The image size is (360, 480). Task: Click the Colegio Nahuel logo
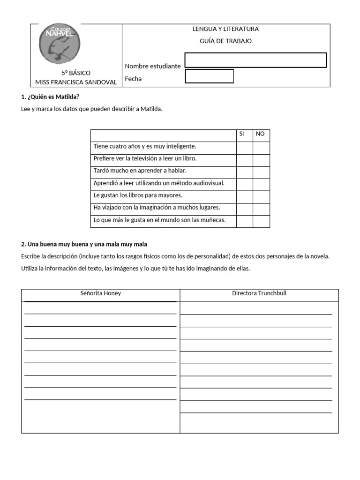pyautogui.click(x=60, y=45)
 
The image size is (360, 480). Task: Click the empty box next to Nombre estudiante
pyautogui.click(x=255, y=60)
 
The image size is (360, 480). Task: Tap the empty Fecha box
pyautogui.click(x=210, y=76)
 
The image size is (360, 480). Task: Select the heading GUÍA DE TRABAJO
pyautogui.click(x=225, y=41)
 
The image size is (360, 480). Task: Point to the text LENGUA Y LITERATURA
pyautogui.click(x=225, y=29)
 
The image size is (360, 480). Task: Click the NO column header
pyautogui.click(x=261, y=134)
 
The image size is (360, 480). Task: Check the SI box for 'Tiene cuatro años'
pyautogui.click(x=244, y=146)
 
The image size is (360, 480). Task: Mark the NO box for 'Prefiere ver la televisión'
pyautogui.click(x=261, y=158)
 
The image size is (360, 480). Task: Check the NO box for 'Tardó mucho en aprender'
pyautogui.click(x=261, y=171)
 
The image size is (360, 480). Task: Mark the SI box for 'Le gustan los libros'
pyautogui.click(x=244, y=195)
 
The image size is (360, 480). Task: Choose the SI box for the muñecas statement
pyautogui.click(x=244, y=220)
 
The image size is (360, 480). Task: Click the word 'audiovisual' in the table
pyautogui.click(x=208, y=183)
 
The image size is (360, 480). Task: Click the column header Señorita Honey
pyautogui.click(x=100, y=293)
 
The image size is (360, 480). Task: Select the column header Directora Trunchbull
pyautogui.click(x=259, y=293)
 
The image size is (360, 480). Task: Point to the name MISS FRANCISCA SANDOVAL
pyautogui.click(x=76, y=82)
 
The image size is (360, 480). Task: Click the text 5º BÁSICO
pyautogui.click(x=76, y=73)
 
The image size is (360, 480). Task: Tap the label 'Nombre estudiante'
pyautogui.click(x=153, y=66)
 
